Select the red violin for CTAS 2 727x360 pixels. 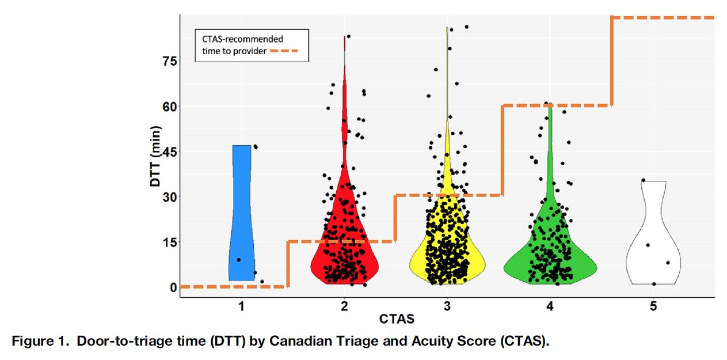(344, 253)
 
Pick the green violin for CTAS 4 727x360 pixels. (550, 262)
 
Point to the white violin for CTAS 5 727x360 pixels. (653, 253)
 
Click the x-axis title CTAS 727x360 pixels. (397, 319)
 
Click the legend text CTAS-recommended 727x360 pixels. (242, 39)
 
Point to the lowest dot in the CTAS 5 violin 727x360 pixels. (654, 283)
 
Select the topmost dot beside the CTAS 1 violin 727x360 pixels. (256, 147)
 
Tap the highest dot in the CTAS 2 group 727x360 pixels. (348, 36)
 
